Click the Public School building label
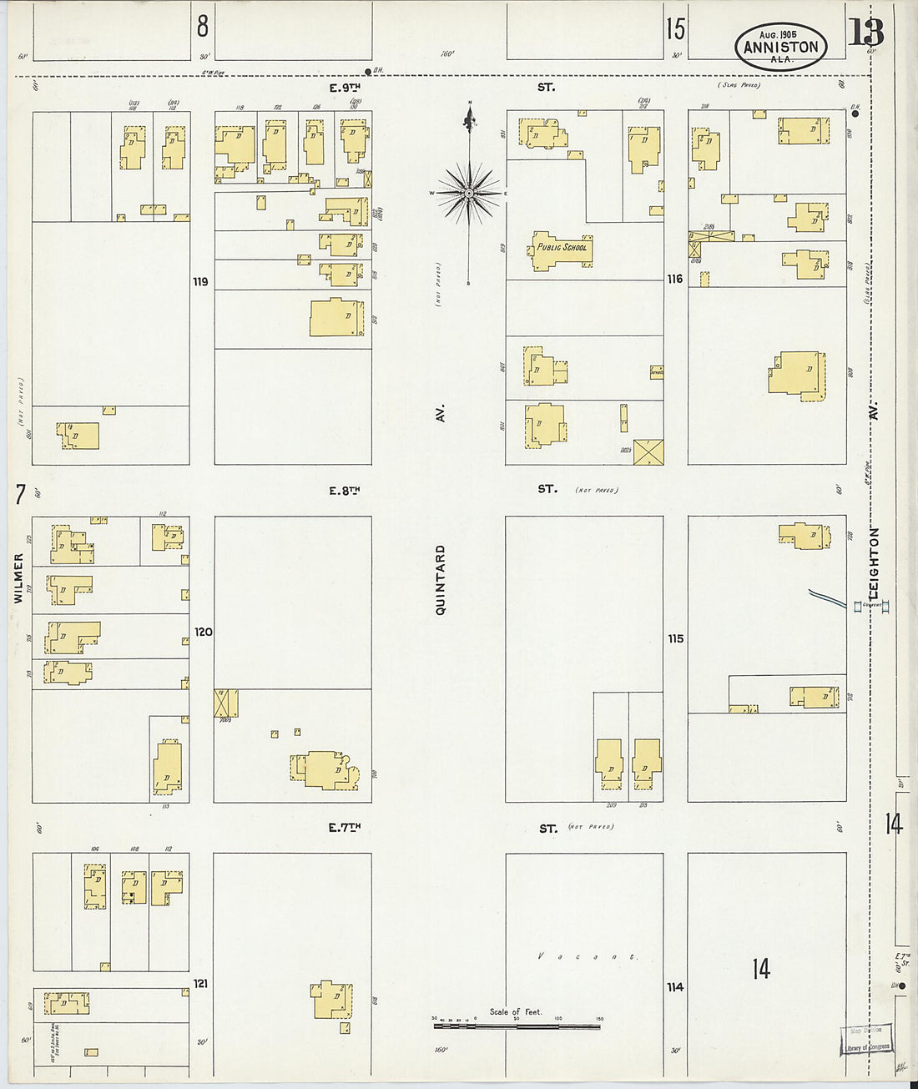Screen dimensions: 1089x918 tap(562, 247)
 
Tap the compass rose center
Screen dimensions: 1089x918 tap(469, 193)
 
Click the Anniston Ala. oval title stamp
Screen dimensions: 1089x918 tap(781, 46)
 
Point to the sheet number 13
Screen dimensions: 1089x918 tap(865, 33)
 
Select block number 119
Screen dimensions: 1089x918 tap(200, 282)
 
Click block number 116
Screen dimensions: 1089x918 tap(675, 279)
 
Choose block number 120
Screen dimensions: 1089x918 tap(204, 632)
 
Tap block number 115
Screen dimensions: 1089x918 tap(675, 638)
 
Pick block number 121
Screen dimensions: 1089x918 tap(200, 984)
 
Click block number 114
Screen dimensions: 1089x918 tap(675, 987)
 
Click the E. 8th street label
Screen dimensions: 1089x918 tap(344, 491)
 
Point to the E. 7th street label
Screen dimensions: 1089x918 tap(344, 828)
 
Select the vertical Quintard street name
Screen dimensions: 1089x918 tap(441, 580)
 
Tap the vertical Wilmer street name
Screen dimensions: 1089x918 tap(18, 577)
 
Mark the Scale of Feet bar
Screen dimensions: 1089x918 tap(516, 1026)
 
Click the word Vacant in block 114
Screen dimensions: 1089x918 tap(588, 956)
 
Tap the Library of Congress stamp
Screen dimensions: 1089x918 tap(866, 1039)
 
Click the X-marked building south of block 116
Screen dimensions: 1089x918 tap(648, 452)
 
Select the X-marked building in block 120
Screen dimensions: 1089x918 tap(226, 703)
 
